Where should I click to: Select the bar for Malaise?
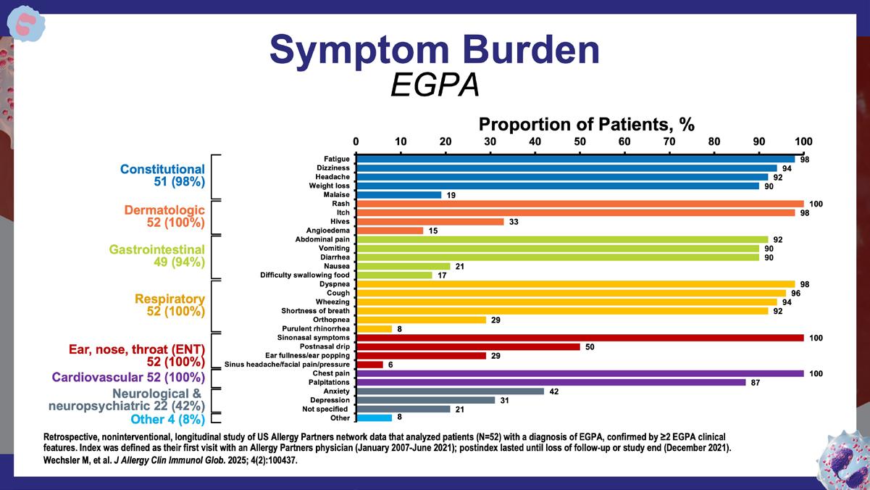pos(398,195)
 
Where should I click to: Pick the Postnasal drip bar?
pos(468,347)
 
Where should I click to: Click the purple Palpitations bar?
pos(551,383)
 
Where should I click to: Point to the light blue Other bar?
pos(374,418)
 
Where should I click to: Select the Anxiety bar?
pos(450,391)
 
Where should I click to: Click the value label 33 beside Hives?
pos(514,222)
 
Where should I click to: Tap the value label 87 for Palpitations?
pos(756,383)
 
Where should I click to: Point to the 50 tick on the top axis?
pos(580,141)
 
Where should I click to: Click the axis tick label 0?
pos(356,141)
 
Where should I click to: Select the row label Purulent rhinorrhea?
pos(314,329)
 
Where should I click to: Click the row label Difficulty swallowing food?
pos(304,275)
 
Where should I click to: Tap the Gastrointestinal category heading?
pos(157,249)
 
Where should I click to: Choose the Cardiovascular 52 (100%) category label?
pos(128,378)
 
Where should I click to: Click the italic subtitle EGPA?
pos(435,86)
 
